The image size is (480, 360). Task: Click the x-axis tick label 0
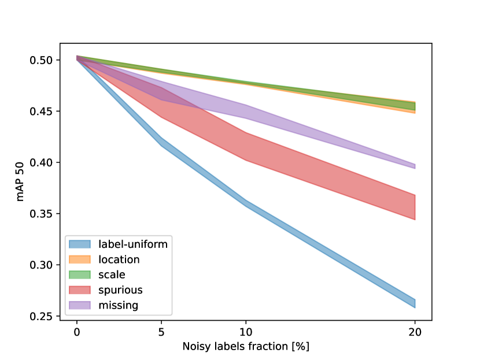76,332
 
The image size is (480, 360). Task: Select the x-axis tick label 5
161,332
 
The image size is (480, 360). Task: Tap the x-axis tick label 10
246,332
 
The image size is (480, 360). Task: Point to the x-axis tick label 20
415,332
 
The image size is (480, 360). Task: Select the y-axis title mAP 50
21,188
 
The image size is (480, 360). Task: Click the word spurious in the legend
120,290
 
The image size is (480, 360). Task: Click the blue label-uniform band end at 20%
414,303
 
